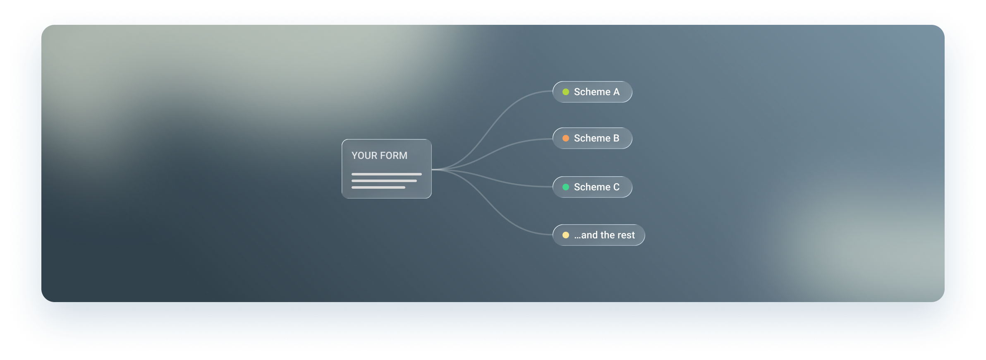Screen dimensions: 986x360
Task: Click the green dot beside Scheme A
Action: pyautogui.click(x=566, y=92)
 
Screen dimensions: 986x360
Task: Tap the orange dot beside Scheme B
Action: pyautogui.click(x=566, y=138)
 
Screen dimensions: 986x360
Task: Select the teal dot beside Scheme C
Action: pyautogui.click(x=566, y=187)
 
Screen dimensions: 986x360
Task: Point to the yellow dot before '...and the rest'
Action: pyautogui.click(x=566, y=235)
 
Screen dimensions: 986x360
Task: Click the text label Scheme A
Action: pyautogui.click(x=597, y=92)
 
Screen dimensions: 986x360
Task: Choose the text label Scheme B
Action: pyautogui.click(x=597, y=138)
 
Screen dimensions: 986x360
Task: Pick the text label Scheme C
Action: pyautogui.click(x=597, y=187)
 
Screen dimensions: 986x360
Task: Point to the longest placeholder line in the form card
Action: pyautogui.click(x=387, y=174)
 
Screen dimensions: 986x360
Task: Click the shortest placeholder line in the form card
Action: pyautogui.click(x=378, y=187)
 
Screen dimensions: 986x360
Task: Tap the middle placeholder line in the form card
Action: pyautogui.click(x=384, y=181)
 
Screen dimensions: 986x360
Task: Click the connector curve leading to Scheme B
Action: pyautogui.click(x=492, y=153)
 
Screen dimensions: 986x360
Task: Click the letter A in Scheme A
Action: pyautogui.click(x=616, y=92)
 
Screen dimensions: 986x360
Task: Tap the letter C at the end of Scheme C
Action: pyautogui.click(x=616, y=187)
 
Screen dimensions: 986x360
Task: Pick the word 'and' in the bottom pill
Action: pyautogui.click(x=589, y=235)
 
